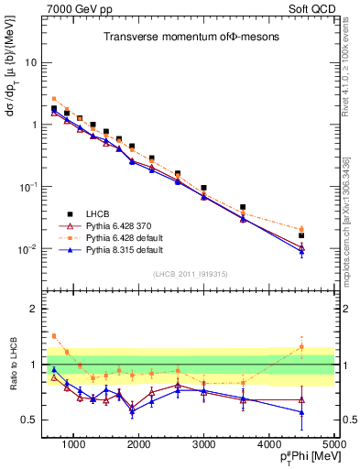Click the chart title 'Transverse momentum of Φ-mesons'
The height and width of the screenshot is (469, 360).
pos(191,37)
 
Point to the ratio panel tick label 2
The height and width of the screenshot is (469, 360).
pos(36,309)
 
